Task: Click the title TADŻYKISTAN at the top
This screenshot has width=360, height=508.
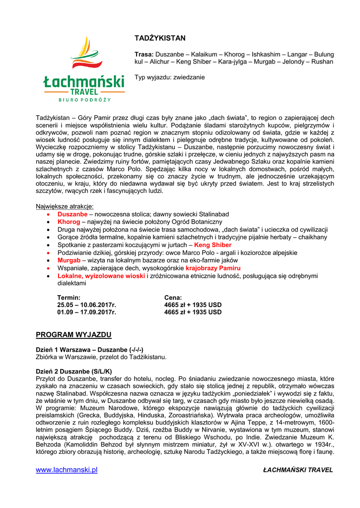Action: [160, 38]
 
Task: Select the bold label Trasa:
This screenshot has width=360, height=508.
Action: [144, 54]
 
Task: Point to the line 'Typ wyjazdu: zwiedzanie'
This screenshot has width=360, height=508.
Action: [169, 77]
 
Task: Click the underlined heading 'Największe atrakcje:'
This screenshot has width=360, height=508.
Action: [65, 206]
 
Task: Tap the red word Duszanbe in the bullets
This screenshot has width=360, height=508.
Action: [72, 214]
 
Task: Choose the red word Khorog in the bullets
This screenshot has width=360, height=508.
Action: [69, 222]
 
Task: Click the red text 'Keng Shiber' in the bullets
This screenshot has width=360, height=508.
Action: [213, 245]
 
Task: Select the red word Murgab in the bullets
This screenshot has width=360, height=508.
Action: [69, 260]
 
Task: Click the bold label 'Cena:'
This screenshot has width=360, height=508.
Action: [173, 297]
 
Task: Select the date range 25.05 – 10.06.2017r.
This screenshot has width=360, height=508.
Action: [86, 305]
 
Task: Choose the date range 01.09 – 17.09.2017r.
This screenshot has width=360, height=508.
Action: [86, 312]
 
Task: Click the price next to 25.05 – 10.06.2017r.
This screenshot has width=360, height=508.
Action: [193, 305]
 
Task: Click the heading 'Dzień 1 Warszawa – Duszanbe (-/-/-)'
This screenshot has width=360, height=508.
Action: [90, 349]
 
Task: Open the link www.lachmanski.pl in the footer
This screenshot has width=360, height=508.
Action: [67, 470]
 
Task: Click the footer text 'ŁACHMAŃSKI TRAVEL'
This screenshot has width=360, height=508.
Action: [298, 470]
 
